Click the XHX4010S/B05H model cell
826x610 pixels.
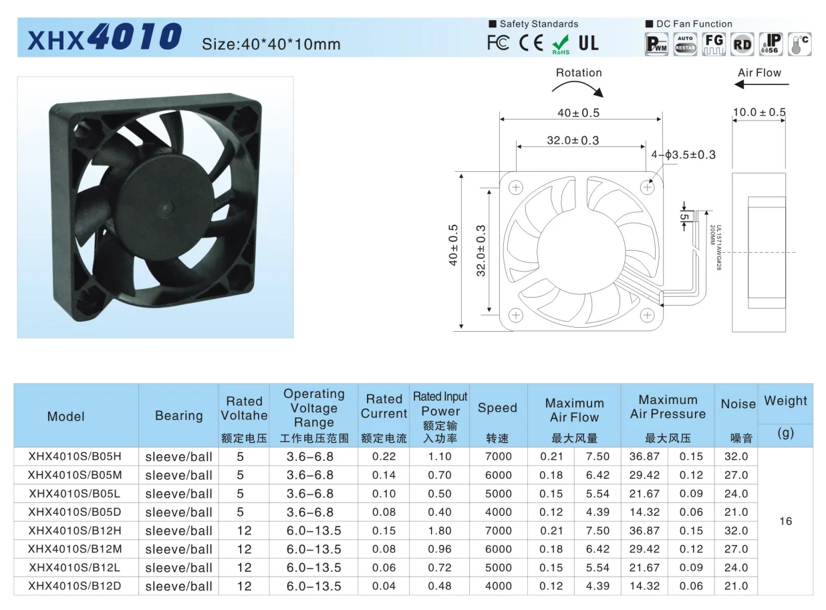pos(75,457)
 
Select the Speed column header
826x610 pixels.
pos(497,408)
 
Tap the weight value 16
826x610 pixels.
pos(785,521)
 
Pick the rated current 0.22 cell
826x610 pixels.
pos(384,457)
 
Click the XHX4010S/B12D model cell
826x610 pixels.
pos(75,586)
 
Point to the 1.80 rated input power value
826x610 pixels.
pos(440,530)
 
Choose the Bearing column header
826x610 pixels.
pos(178,415)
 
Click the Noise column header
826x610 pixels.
pos(738,404)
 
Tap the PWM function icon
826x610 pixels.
pos(656,44)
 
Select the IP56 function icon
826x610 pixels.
pos(771,44)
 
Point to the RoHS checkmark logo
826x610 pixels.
pos(560,44)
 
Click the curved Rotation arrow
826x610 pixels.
pos(581,88)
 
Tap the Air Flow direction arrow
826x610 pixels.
pos(761,85)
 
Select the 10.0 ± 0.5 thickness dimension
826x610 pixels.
pos(759,112)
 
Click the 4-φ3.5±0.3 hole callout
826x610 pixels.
pos(683,155)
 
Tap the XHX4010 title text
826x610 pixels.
pos(104,39)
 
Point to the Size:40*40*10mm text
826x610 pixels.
pos(271,44)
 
